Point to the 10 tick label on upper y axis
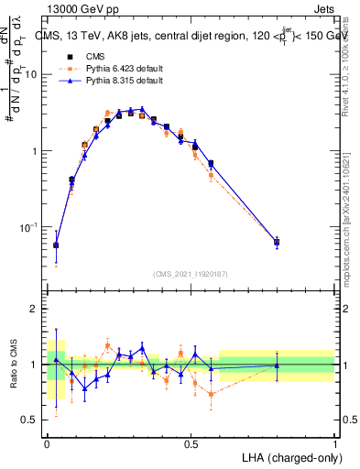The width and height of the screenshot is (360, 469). [x=31, y=75]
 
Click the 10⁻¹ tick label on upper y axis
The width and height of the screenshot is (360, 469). [x=29, y=226]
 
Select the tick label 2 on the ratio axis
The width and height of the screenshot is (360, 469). [x=35, y=310]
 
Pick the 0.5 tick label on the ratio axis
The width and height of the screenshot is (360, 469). [x=30, y=420]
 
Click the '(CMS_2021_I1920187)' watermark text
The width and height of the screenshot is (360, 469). [x=191, y=273]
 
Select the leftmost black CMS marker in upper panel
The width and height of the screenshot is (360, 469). [x=56, y=245]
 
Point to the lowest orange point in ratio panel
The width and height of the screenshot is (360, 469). [x=212, y=395]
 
